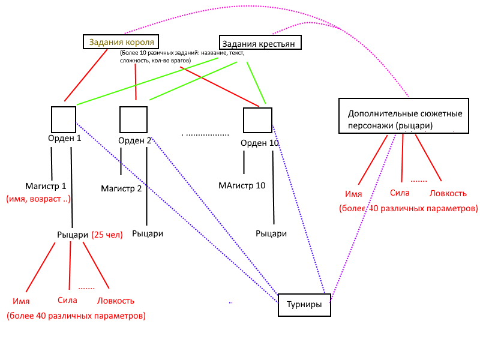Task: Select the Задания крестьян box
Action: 260,43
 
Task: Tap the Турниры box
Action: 304,305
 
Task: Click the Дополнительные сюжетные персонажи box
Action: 403,116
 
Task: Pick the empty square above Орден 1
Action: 64,119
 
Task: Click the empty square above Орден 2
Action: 133,119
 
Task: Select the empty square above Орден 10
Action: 257,120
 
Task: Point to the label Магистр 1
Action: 46,186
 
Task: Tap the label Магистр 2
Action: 121,188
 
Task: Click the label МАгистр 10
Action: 242,185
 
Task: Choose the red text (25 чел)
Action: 107,235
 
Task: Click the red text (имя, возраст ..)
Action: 38,198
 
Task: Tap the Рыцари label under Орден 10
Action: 271,233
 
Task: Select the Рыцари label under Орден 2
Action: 148,233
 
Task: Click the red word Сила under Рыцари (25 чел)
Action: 68,300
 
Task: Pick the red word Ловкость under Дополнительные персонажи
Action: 447,193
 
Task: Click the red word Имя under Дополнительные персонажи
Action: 353,194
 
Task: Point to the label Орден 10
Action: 260,143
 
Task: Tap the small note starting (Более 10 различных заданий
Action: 182,57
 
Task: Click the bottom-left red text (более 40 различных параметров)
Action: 76,316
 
